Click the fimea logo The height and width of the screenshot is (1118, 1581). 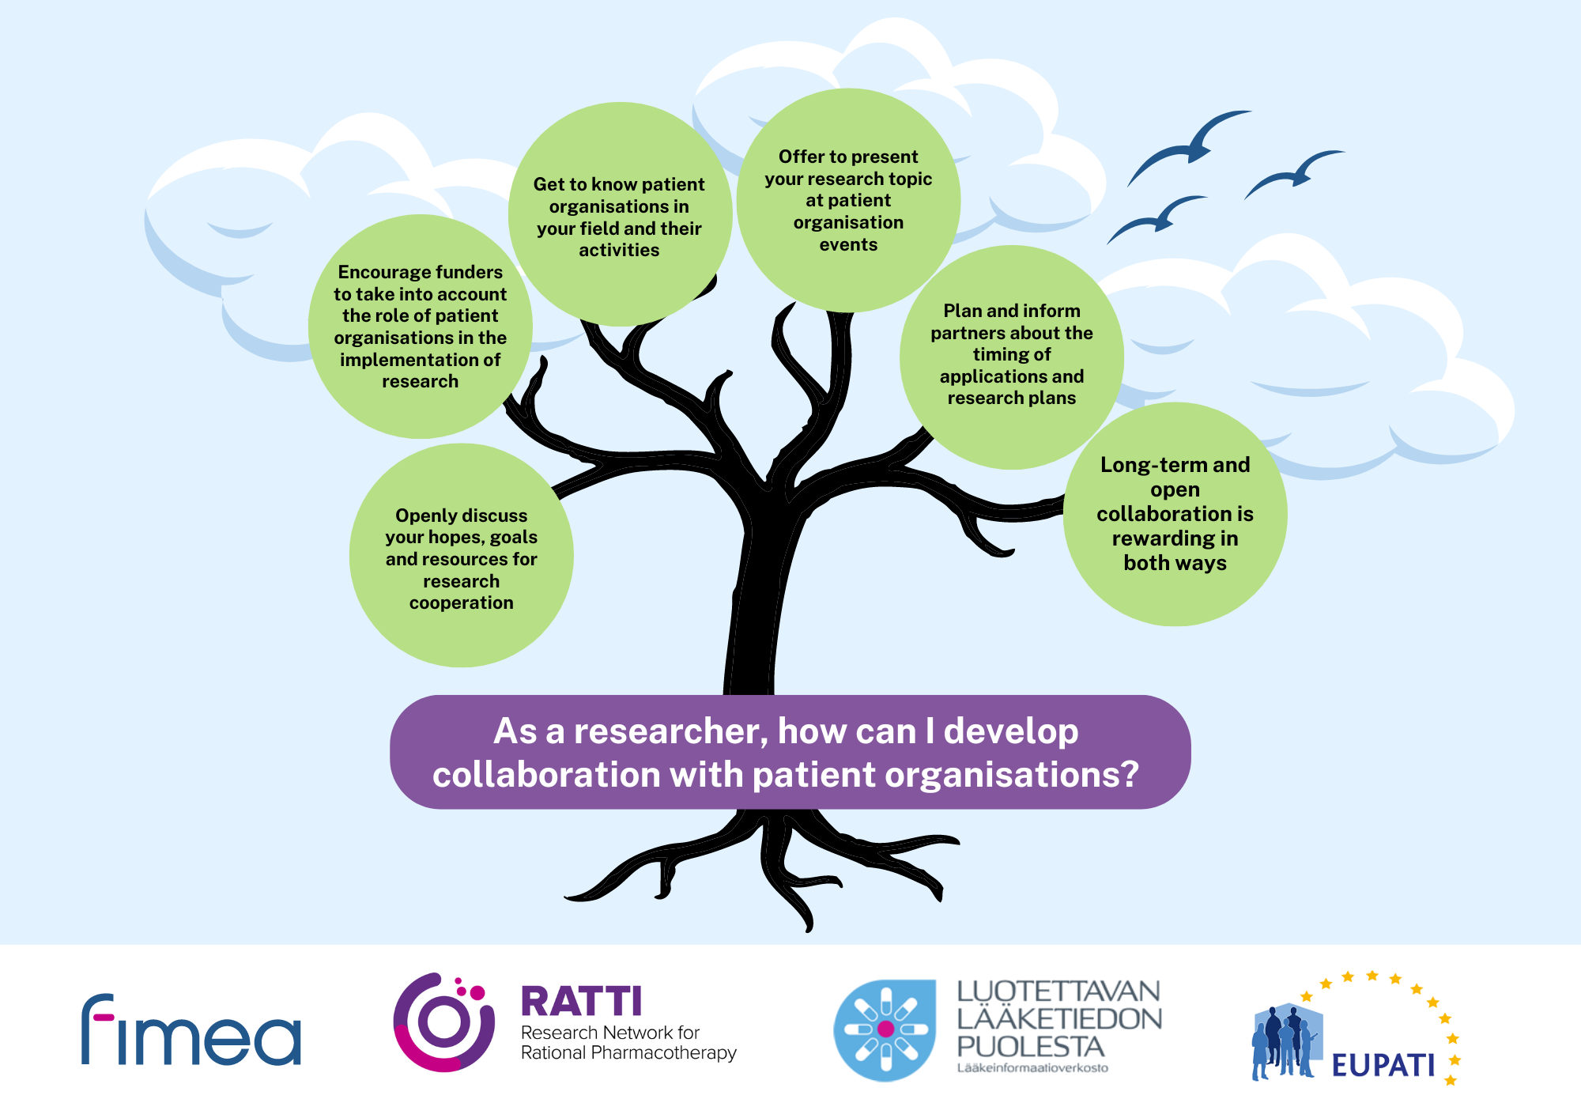pos(191,1029)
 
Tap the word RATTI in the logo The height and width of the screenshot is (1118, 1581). pos(581,1002)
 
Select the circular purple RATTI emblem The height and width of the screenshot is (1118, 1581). pos(443,1022)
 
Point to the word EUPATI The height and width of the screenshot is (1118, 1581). pos(1383,1065)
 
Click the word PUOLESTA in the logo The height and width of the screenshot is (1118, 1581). pos(1030,1047)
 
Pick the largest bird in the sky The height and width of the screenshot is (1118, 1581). pos(1189,147)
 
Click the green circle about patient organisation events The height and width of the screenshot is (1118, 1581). pos(848,200)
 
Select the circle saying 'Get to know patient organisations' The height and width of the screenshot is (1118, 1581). pos(620,214)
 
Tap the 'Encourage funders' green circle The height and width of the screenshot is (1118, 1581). pos(421,327)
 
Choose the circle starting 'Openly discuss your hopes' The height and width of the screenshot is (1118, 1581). pos(462,555)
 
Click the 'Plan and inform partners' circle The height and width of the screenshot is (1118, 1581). pos(1012,357)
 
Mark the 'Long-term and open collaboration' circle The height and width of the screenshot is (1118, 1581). pos(1175,514)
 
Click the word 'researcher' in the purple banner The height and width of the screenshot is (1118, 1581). pos(671,732)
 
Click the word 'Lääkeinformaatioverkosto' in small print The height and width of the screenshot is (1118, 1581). pos(1032,1068)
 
